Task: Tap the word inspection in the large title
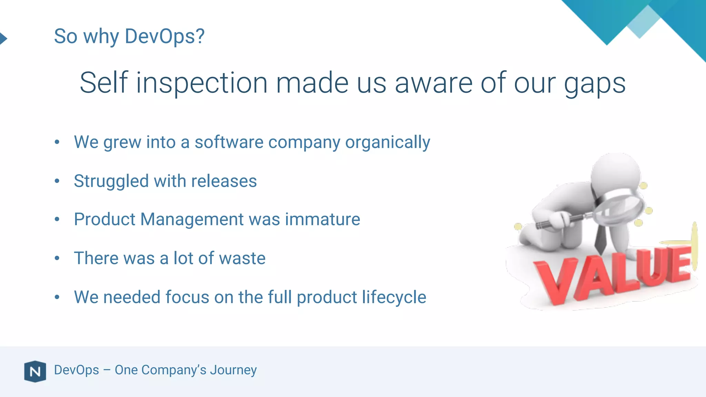(x=202, y=83)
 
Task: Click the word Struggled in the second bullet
(x=111, y=182)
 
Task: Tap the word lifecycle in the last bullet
(x=394, y=297)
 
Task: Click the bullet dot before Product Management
(x=57, y=220)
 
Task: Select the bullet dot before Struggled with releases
(x=57, y=181)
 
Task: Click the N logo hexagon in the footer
(x=35, y=371)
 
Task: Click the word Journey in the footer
(x=233, y=370)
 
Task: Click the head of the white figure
(x=615, y=171)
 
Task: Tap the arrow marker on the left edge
(x=3, y=38)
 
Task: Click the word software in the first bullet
(x=229, y=142)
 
